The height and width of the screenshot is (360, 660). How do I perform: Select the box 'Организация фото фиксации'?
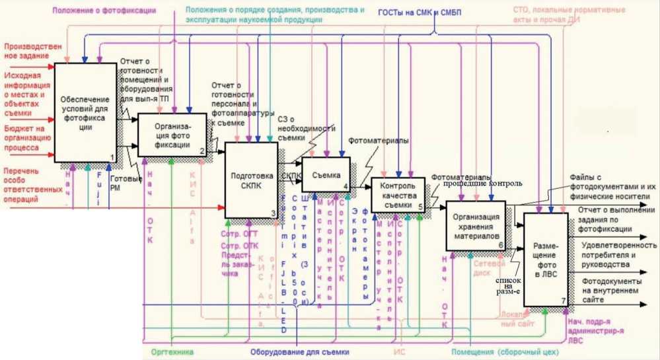tap(172, 134)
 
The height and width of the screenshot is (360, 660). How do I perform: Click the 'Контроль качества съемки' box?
tap(398, 195)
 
